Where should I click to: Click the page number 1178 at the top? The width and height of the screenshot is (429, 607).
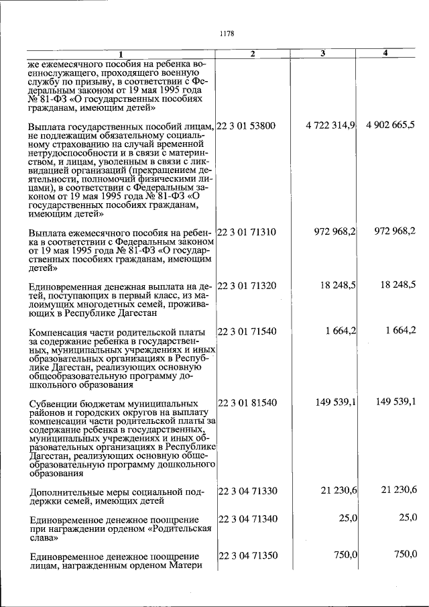pos(226,32)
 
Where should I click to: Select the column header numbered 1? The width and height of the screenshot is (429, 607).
pos(121,54)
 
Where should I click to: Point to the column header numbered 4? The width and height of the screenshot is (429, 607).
pos(385,53)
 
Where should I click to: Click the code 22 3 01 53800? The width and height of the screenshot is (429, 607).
pos(247,125)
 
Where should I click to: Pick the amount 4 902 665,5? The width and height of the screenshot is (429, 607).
pos(391,125)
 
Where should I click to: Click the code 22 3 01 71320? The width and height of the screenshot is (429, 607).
pos(247,284)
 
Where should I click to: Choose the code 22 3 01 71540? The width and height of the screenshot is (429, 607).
pos(247,331)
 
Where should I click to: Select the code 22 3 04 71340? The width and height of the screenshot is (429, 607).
pos(247,518)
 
